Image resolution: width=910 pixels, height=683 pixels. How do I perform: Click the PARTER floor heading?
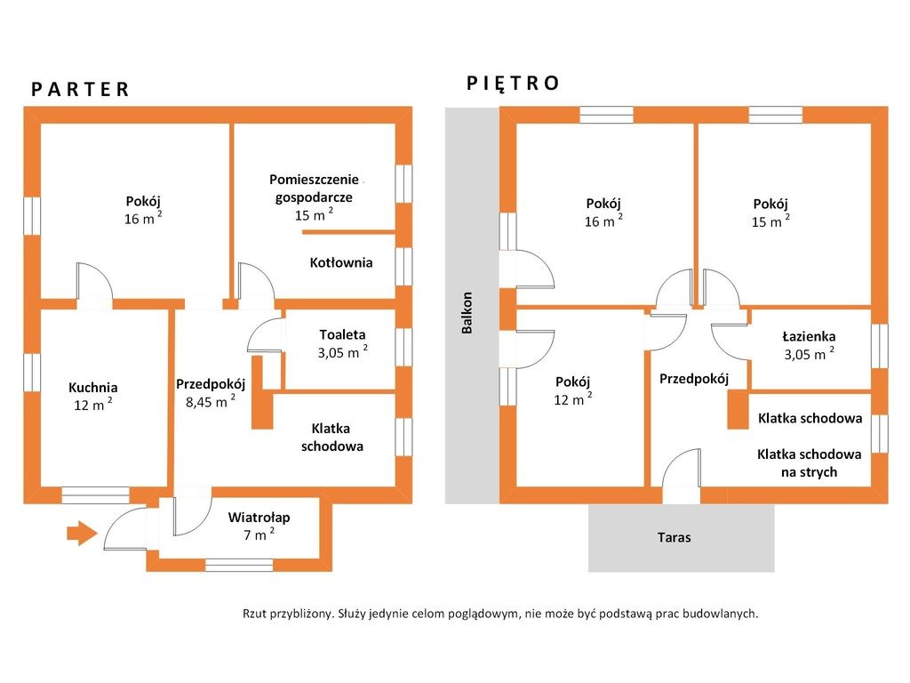click(x=80, y=90)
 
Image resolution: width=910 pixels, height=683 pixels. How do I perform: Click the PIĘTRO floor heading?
click(x=513, y=83)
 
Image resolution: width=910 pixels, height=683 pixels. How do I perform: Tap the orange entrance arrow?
click(x=82, y=533)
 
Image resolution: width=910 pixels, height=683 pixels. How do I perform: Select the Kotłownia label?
click(x=340, y=262)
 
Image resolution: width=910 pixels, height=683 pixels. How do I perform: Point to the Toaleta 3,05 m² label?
click(x=342, y=344)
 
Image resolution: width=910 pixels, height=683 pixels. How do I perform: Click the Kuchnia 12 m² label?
click(x=92, y=396)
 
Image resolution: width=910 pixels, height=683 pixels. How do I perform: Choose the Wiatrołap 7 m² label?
click(x=259, y=526)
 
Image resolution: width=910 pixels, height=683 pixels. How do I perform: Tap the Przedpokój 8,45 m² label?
click(x=211, y=393)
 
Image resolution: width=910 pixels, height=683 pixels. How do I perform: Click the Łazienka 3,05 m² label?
click(x=809, y=346)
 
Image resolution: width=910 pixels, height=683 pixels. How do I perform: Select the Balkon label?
click(x=467, y=312)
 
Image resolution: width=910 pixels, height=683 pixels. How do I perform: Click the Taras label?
click(x=674, y=537)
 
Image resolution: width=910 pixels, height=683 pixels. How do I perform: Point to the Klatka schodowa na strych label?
click(x=809, y=462)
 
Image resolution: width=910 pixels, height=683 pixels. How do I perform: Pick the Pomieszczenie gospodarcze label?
click(x=314, y=189)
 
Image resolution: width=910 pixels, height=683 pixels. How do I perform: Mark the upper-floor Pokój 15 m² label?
click(x=770, y=213)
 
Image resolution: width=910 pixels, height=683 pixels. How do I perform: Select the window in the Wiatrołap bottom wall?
click(x=239, y=565)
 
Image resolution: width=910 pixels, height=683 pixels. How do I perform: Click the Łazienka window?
click(x=880, y=346)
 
